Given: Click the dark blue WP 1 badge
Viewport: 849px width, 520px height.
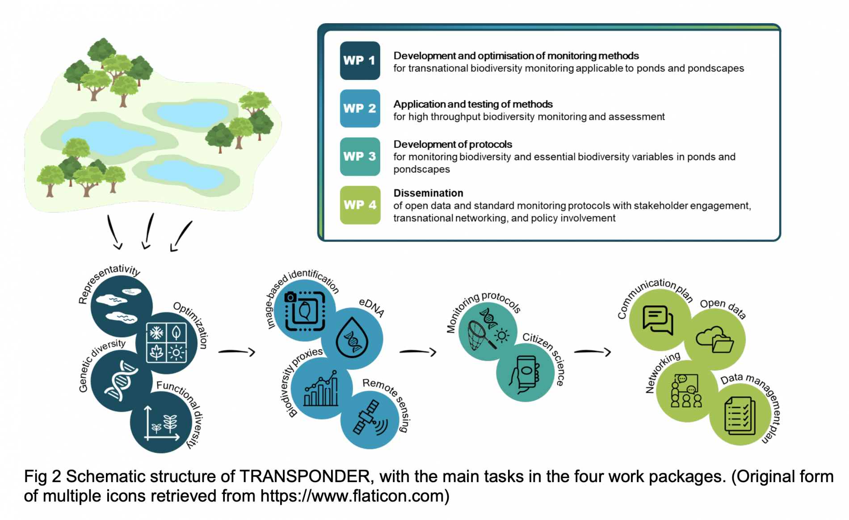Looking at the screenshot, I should coord(360,61).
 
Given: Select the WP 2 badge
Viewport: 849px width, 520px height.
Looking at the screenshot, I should coord(360,108).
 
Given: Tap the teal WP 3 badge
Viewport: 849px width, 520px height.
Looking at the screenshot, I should coord(360,157).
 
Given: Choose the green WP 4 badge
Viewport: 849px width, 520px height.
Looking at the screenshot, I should coord(360,205).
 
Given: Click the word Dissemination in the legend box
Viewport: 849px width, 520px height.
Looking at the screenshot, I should coord(428,193).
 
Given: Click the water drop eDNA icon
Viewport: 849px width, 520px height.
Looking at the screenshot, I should coord(352,338).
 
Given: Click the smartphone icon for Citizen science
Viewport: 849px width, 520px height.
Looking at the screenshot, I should coord(525,374).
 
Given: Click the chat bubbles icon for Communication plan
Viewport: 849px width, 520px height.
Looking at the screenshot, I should coord(658,320).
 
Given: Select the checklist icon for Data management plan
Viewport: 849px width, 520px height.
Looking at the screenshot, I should coord(740,415).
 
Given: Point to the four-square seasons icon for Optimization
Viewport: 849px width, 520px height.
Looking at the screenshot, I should coord(166,343).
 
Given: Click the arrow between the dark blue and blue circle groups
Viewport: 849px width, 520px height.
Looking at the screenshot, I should coord(237,352).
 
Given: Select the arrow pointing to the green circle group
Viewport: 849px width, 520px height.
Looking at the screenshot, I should coord(593,352).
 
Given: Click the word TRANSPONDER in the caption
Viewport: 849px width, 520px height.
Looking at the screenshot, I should coord(305,477).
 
